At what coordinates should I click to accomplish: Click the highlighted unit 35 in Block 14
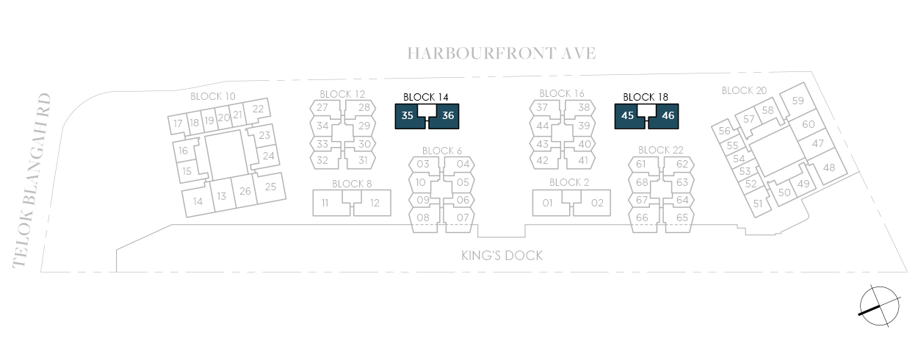[408, 116]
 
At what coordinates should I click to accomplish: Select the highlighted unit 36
[447, 116]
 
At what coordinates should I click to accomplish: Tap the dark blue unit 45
[627, 116]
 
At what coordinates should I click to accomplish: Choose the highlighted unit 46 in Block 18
[666, 116]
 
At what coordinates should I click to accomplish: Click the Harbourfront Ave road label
[501, 54]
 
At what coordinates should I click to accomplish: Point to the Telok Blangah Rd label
[32, 181]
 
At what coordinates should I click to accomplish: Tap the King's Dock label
[502, 256]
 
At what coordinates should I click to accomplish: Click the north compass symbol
[879, 306]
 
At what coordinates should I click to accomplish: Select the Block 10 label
[213, 96]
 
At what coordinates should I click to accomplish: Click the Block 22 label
[661, 150]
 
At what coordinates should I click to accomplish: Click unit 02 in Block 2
[592, 203]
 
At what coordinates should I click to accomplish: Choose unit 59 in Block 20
[797, 101]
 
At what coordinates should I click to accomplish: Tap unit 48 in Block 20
[829, 167]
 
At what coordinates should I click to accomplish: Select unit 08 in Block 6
[424, 217]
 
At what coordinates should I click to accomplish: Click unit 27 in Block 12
[325, 108]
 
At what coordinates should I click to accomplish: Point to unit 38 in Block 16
[580, 108]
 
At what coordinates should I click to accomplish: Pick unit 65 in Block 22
[679, 217]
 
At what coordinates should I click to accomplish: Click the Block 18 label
[646, 97]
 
